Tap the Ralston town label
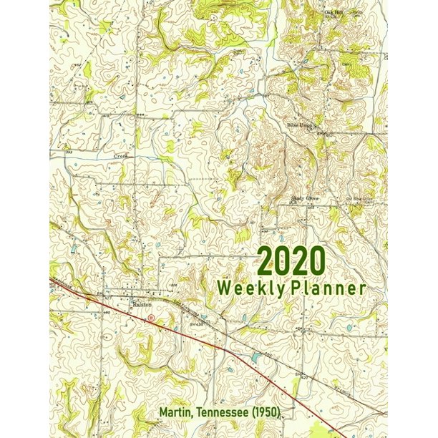(142, 304)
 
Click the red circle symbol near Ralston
(151, 317)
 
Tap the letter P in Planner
(303, 288)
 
